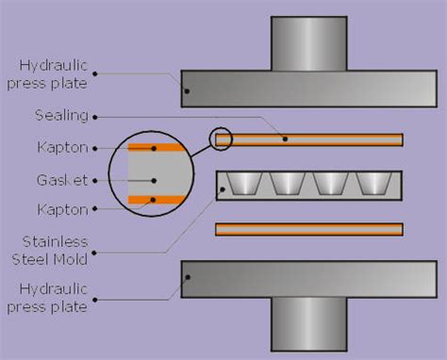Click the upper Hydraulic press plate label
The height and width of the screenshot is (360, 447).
[47, 74]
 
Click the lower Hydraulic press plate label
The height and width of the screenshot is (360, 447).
[47, 298]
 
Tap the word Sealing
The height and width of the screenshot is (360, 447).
[61, 116]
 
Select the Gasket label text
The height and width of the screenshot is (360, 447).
[62, 180]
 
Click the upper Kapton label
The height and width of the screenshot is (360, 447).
[63, 147]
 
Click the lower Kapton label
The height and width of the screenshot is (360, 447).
[63, 209]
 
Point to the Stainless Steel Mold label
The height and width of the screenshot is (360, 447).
[50, 251]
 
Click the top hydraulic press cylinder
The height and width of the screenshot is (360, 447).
[309, 43]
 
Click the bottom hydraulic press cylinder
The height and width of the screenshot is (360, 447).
[309, 324]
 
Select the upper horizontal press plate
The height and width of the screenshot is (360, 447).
[309, 89]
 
